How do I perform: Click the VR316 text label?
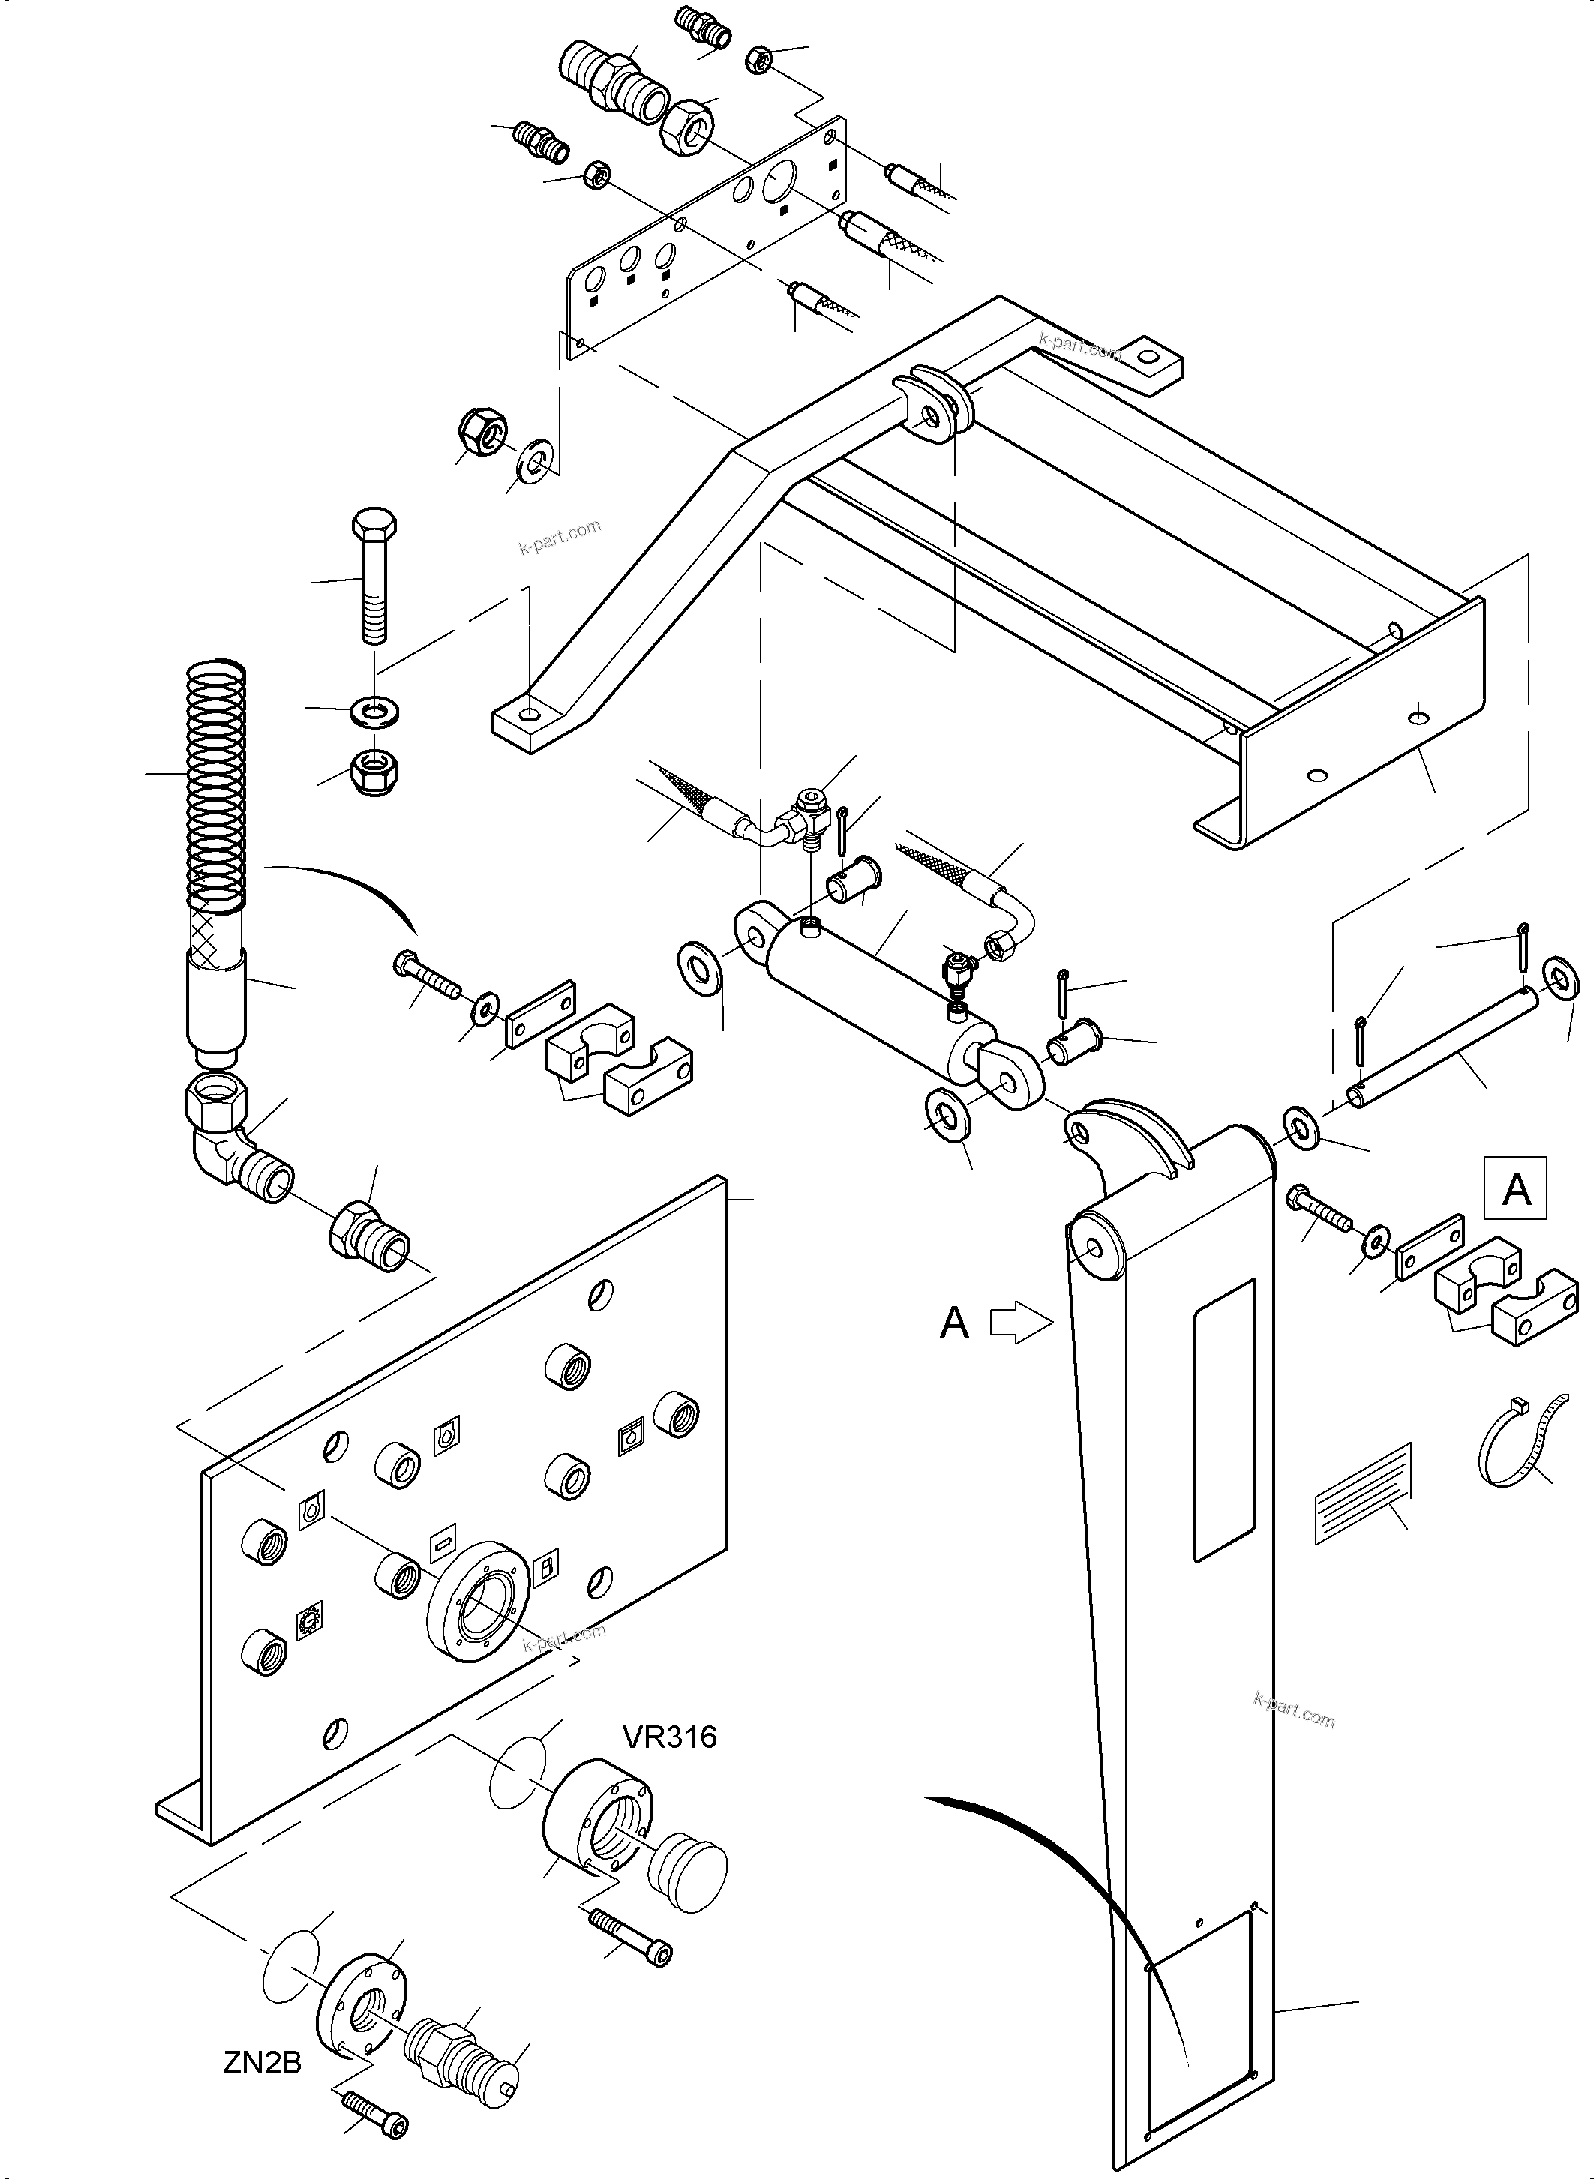670,1737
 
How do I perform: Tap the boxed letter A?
1517,1189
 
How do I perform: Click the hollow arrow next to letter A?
1022,1323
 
